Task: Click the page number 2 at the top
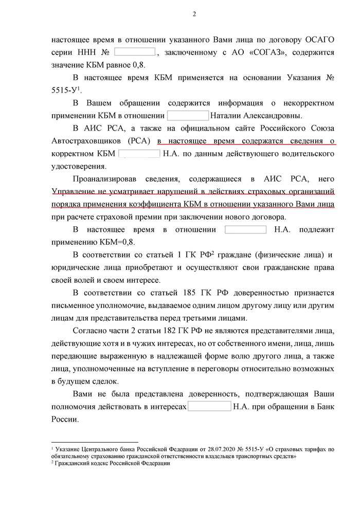coord(194,13)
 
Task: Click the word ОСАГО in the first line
coord(318,39)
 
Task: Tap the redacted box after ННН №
coord(134,52)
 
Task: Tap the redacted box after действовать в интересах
coord(209,407)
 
